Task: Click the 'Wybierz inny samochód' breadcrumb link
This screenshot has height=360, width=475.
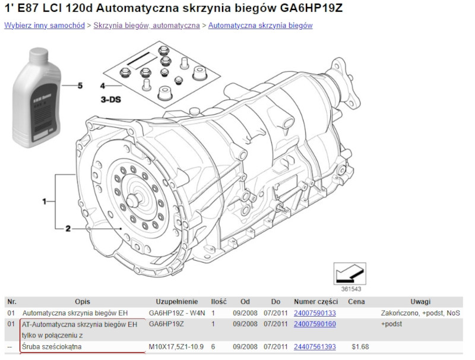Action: tap(45, 26)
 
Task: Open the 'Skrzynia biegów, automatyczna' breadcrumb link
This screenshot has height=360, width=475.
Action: tap(146, 26)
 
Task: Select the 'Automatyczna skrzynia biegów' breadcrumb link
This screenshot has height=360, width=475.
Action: tap(260, 26)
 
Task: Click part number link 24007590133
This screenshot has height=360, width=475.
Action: tap(315, 312)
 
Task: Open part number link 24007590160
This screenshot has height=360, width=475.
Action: tap(315, 324)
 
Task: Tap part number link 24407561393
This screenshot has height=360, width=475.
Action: tap(315, 346)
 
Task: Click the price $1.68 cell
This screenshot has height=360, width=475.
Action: tap(360, 346)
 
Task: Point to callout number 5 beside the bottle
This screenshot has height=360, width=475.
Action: tap(80, 86)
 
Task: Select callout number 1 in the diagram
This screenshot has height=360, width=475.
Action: tap(44, 202)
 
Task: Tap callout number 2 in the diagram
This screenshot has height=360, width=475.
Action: tap(68, 228)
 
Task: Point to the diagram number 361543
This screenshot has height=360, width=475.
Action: tap(351, 289)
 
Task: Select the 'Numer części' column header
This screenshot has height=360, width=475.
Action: tap(315, 302)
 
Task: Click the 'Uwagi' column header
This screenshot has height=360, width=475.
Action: tap(420, 302)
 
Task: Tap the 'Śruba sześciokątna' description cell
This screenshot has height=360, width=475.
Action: tap(52, 346)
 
